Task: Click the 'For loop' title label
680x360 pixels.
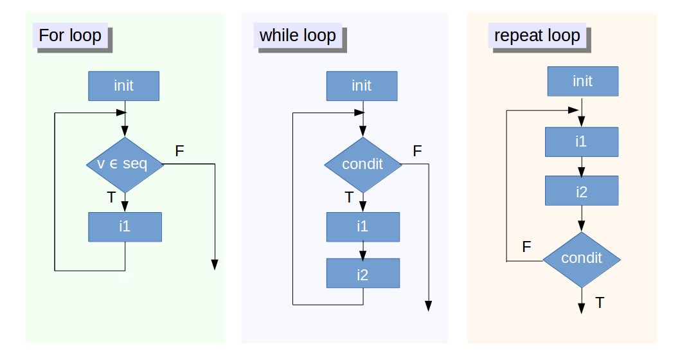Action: click(70, 35)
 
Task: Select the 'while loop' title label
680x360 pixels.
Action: click(298, 35)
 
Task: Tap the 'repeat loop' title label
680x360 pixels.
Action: click(537, 35)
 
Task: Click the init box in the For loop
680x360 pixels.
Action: click(123, 85)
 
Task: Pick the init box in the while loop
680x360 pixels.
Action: click(362, 85)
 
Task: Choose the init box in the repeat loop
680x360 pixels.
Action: click(582, 81)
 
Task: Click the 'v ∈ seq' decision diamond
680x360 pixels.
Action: click(125, 165)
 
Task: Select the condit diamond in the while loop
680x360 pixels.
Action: click(362, 165)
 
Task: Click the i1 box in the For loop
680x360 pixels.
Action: click(125, 226)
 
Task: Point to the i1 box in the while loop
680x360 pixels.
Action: click(362, 226)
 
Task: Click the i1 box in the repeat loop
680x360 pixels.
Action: click(582, 142)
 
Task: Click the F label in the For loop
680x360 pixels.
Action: click(179, 151)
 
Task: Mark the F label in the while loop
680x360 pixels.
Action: click(417, 151)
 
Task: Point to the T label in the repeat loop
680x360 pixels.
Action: click(600, 302)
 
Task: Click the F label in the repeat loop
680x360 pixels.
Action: click(526, 247)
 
